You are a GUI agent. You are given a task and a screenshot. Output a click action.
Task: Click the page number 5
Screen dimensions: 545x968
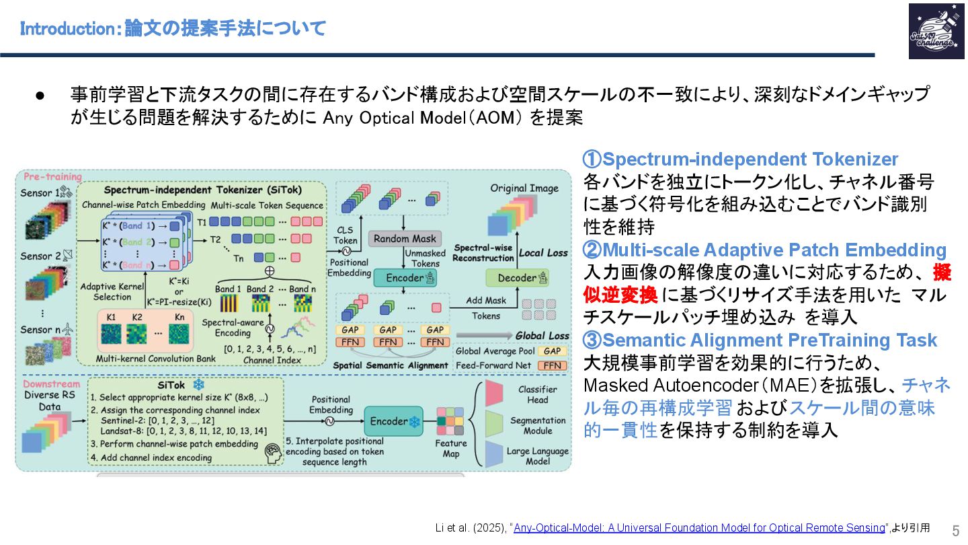(956, 530)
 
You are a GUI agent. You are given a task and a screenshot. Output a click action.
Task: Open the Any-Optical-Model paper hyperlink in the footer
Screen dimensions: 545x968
(699, 528)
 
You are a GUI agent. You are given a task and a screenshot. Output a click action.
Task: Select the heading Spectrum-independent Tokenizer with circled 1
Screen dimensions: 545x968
(740, 159)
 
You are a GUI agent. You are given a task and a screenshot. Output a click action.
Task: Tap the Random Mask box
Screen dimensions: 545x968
(405, 238)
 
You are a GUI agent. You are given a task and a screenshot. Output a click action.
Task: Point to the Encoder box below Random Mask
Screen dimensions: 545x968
(403, 277)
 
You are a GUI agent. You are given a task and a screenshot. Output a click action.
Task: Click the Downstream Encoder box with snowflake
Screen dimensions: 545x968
(393, 422)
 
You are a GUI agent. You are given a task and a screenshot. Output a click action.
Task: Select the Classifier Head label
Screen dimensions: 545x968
(537, 394)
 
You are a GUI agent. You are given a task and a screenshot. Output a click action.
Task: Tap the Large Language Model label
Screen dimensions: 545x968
(537, 457)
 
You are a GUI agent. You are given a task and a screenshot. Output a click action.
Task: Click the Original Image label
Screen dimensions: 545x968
(524, 188)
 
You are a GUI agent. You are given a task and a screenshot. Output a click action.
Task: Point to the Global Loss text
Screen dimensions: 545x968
(542, 335)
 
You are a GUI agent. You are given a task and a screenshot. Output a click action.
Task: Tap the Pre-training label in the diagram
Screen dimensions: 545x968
(52, 177)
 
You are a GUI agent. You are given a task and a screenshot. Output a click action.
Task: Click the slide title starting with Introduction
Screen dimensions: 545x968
(173, 29)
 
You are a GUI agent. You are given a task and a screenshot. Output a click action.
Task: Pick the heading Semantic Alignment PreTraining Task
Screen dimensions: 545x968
(760, 340)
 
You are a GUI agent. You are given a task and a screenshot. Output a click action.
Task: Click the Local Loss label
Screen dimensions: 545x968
(543, 253)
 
